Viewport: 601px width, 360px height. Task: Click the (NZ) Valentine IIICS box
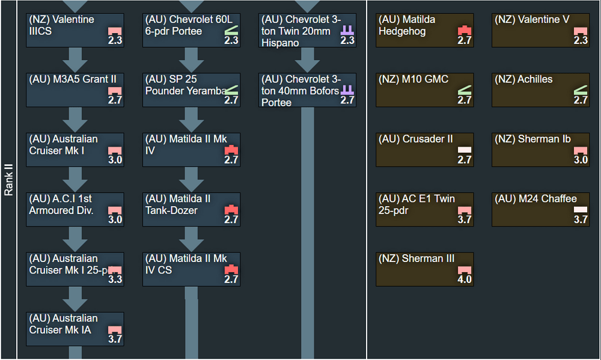pyautogui.click(x=75, y=30)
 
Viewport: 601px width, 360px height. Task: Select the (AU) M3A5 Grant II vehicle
pyautogui.click(x=75, y=90)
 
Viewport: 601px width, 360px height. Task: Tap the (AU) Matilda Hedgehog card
pyautogui.click(x=424, y=30)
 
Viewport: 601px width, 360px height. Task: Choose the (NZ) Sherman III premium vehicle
pyautogui.click(x=424, y=269)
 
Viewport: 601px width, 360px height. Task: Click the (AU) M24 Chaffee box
pyautogui.click(x=540, y=209)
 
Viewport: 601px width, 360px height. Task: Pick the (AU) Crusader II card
pyautogui.click(x=424, y=150)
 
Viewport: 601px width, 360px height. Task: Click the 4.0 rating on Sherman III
pyautogui.click(x=465, y=279)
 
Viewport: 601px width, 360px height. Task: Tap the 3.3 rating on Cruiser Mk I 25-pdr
pyautogui.click(x=115, y=279)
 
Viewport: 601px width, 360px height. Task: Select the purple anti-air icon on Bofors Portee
pyautogui.click(x=347, y=90)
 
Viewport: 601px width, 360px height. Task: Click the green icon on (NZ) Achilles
pyautogui.click(x=581, y=90)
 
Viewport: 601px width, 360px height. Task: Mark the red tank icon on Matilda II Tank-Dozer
pyautogui.click(x=231, y=209)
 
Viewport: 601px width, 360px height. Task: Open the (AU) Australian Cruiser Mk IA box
pyautogui.click(x=75, y=329)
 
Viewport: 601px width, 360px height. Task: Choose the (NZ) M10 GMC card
pyautogui.click(x=424, y=90)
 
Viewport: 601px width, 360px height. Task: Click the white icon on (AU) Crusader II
pyautogui.click(x=465, y=149)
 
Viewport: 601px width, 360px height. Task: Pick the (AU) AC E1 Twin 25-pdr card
pyautogui.click(x=424, y=209)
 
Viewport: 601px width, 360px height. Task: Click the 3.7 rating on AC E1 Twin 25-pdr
pyautogui.click(x=465, y=220)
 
